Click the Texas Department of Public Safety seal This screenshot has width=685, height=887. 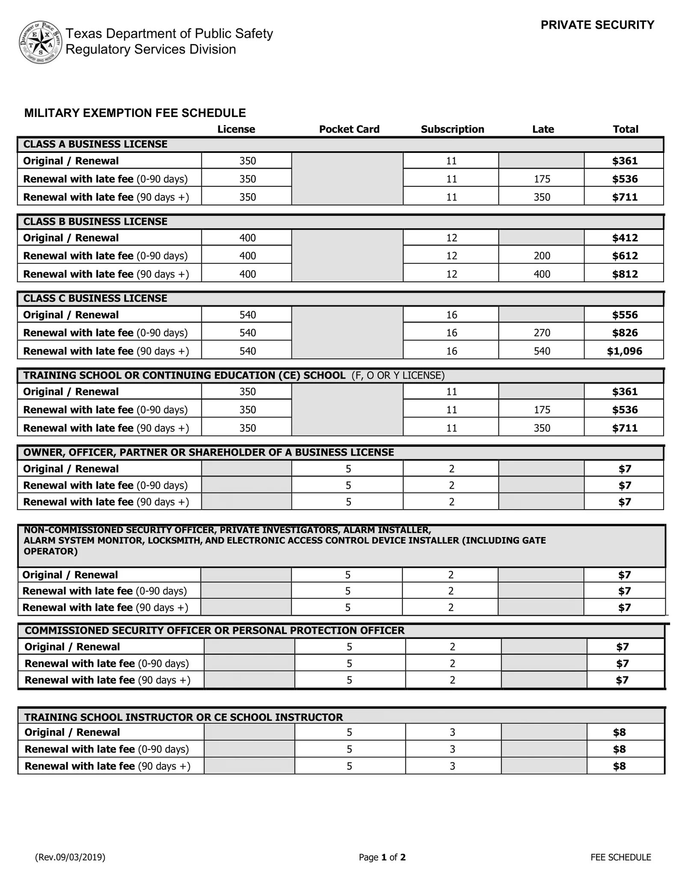point(41,42)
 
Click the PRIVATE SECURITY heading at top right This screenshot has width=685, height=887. point(597,25)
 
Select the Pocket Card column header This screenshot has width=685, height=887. point(349,129)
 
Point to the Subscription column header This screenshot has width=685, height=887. point(452,129)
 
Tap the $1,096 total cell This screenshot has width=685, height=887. point(624,351)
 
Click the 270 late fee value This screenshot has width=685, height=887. point(542,333)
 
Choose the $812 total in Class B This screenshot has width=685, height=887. point(625,274)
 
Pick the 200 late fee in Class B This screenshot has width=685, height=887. point(542,256)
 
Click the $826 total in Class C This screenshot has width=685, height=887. point(625,333)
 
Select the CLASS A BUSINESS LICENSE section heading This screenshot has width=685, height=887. point(95,144)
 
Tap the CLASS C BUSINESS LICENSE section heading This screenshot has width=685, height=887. point(95,299)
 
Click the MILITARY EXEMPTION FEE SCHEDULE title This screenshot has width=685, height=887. point(135,113)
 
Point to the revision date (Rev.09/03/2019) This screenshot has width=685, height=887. point(70,857)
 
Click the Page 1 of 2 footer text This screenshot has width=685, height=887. point(382,857)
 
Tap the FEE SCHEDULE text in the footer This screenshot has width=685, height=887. point(620,857)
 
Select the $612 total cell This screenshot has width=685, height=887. point(625,256)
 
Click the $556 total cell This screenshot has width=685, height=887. point(625,315)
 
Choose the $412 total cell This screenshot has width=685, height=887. point(625,238)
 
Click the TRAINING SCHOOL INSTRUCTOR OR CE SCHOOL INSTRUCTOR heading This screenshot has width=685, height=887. point(183,717)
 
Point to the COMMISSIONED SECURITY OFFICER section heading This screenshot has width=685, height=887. point(214,630)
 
